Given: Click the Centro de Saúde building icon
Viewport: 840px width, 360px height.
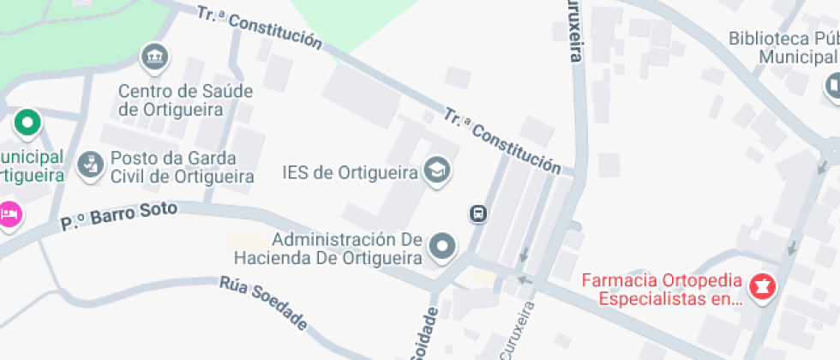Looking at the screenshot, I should (x=154, y=58).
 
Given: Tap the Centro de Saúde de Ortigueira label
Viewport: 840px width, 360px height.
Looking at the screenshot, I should (x=171, y=99).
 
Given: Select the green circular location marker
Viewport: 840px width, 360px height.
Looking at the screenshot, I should (x=27, y=123).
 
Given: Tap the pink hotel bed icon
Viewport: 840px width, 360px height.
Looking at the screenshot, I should (x=9, y=213).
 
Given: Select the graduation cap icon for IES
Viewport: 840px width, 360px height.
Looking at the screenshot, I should (x=437, y=171).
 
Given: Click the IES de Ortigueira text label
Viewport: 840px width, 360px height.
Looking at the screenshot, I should (x=350, y=172).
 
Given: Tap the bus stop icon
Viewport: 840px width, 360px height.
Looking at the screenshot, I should (x=478, y=213).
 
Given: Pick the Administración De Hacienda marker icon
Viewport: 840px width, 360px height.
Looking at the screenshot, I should (x=442, y=246).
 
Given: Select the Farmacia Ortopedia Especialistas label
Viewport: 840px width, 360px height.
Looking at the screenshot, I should (x=661, y=290).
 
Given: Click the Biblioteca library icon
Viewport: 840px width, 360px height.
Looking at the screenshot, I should (x=833, y=85).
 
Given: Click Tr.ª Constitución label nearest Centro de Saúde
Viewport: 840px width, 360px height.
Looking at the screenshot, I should (x=260, y=27).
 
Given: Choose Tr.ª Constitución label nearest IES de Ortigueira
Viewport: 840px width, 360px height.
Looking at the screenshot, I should (x=502, y=140).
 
